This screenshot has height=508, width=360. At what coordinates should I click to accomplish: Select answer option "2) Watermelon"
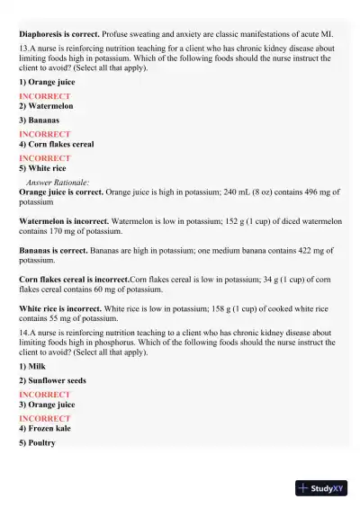click(x=46, y=106)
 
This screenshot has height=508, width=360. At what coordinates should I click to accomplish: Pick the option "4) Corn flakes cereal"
click(x=56, y=144)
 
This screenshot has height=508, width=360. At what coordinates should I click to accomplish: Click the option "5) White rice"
click(x=43, y=168)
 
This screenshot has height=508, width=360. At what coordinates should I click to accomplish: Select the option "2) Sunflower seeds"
click(x=52, y=381)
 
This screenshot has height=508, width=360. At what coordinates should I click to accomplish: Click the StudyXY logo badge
click(x=321, y=488)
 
